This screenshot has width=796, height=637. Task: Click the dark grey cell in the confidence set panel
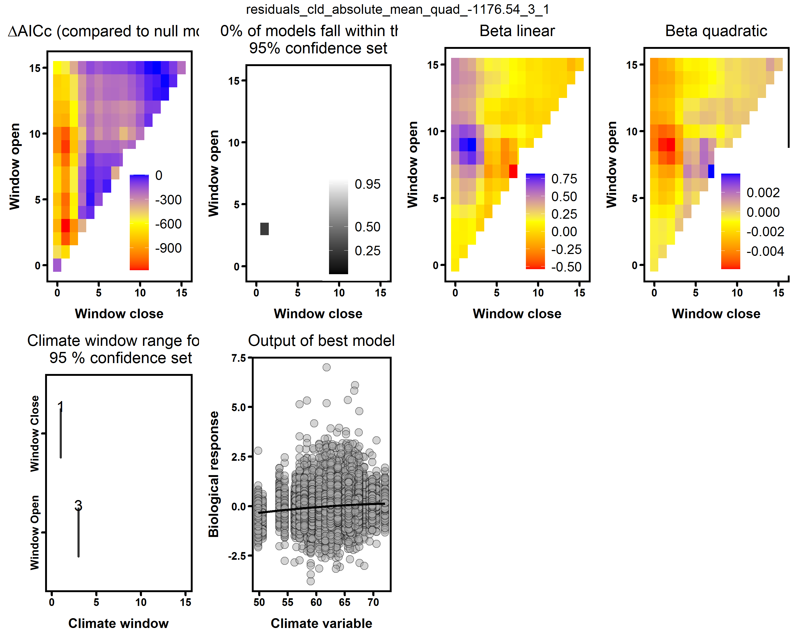[264, 229]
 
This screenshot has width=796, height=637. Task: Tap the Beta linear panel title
[517, 31]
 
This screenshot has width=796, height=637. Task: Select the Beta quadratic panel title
[716, 31]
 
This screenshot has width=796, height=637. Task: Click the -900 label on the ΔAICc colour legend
[168, 248]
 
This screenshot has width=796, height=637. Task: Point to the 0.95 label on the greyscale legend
[367, 184]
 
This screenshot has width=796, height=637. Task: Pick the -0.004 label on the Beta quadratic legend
[765, 251]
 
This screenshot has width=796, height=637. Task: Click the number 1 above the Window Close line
[60, 407]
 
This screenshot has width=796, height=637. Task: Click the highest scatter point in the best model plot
[326, 367]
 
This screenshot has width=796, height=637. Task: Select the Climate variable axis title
[321, 623]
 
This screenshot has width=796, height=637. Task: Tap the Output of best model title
[321, 341]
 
